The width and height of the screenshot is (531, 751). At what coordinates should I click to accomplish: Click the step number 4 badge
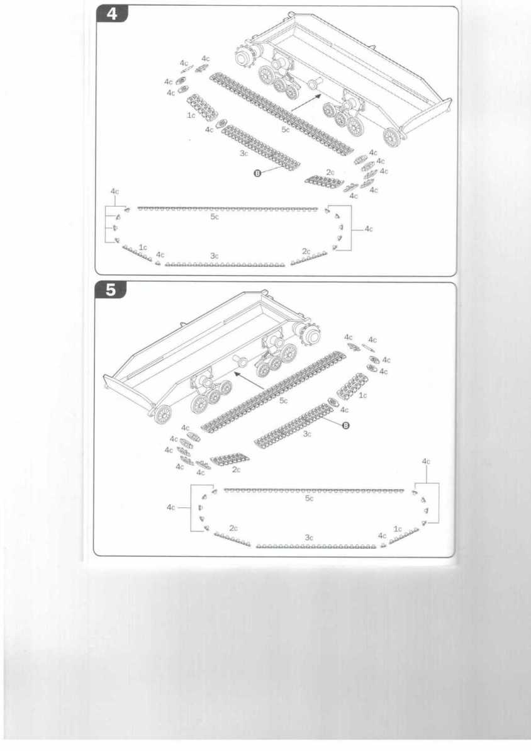coord(112,14)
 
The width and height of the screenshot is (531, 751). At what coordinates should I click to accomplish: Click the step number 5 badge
coord(111,290)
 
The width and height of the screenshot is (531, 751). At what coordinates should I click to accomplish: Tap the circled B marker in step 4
coord(257,173)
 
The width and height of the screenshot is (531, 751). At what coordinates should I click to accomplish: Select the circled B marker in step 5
coord(345,426)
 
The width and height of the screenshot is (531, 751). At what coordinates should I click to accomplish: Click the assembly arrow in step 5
coord(248,380)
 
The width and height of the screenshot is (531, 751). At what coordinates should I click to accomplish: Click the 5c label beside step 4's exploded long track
coord(286,130)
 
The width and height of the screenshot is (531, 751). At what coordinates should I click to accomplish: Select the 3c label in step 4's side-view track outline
coord(215,256)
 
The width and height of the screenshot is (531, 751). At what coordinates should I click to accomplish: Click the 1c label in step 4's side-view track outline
coord(143,247)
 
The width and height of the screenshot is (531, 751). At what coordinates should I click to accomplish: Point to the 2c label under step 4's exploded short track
coord(330,172)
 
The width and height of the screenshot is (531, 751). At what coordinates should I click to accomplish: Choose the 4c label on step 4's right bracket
coord(369,229)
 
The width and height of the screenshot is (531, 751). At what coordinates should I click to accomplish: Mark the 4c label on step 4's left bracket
coord(115,191)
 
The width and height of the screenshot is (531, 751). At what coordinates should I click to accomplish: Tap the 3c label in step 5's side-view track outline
coord(309,538)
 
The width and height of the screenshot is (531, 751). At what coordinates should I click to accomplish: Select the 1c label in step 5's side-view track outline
coord(397,529)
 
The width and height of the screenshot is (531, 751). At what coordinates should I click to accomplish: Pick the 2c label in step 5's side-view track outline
coord(233,528)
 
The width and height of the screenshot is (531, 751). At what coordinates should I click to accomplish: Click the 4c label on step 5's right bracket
coord(427,461)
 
